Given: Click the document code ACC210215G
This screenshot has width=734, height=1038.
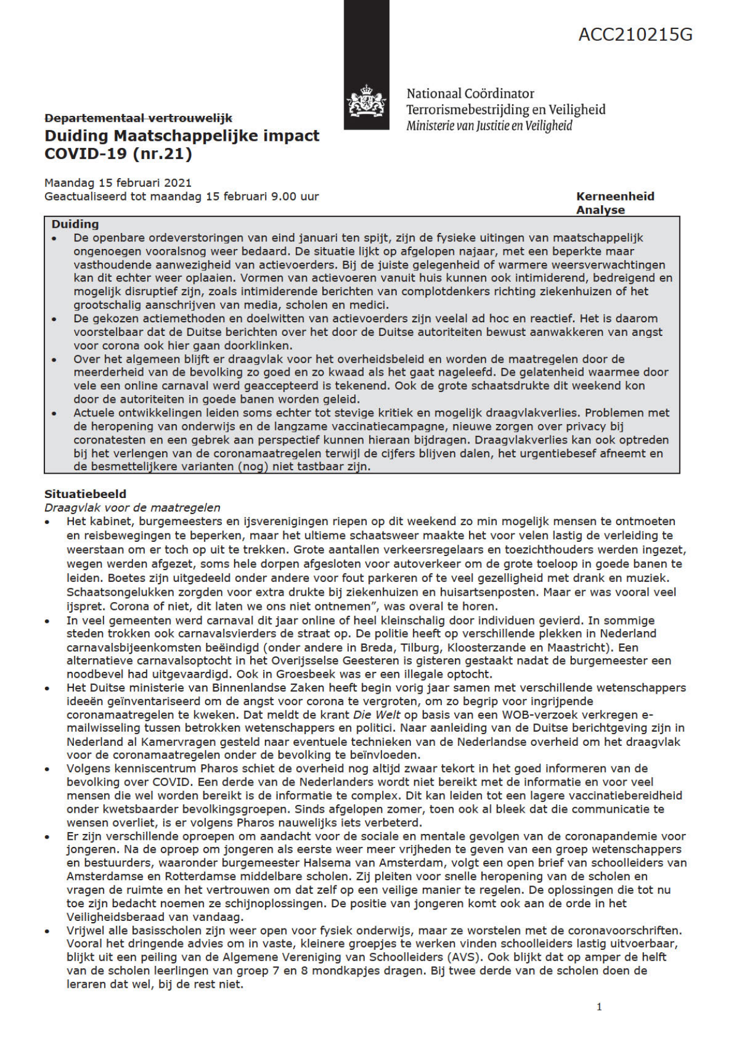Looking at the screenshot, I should click(635, 35).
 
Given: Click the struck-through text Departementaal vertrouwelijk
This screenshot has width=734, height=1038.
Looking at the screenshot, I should click(138, 118).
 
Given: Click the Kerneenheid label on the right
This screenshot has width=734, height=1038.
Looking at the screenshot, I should click(615, 196).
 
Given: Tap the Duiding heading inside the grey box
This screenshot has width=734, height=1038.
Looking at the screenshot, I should click(75, 224).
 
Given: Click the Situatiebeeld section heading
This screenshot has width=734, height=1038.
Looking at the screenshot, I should click(85, 494).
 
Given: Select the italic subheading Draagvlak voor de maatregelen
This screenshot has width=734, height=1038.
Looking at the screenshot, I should click(132, 507).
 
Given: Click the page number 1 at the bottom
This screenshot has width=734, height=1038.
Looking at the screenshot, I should click(599, 1007).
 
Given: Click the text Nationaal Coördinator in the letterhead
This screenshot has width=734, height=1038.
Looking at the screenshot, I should click(470, 93).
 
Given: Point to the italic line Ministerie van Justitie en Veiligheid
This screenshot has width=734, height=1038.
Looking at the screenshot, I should click(489, 125).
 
